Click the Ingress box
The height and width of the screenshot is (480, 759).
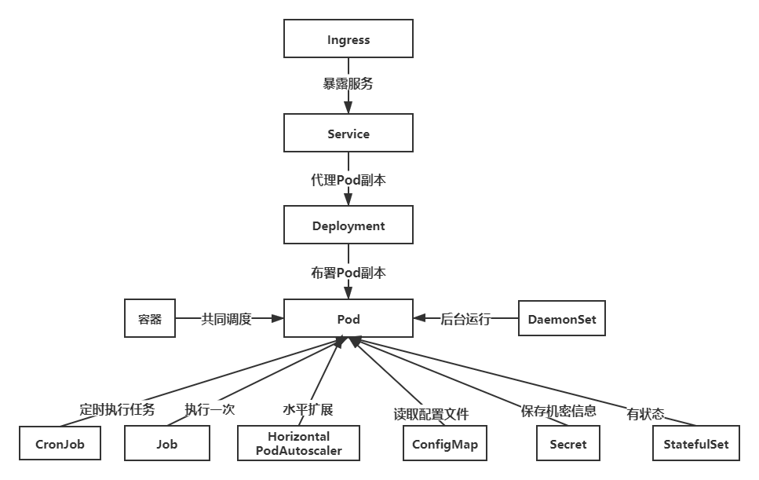click(348, 39)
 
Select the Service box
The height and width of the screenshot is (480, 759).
click(348, 134)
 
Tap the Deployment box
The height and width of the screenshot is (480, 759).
click(348, 225)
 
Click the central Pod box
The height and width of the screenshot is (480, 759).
click(348, 320)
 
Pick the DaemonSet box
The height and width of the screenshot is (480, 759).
click(561, 320)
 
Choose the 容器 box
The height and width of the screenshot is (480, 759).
click(150, 320)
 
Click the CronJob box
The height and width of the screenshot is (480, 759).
click(60, 444)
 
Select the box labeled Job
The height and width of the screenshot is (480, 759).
click(166, 444)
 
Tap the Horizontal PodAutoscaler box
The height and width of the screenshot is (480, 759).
click(298, 444)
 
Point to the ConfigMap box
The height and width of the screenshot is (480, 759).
click(445, 444)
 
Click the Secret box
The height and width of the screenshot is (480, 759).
click(568, 444)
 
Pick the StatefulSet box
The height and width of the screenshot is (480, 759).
click(695, 444)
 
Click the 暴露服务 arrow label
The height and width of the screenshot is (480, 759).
click(348, 83)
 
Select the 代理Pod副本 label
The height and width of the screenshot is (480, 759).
click(348, 179)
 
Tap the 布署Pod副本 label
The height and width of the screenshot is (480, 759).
click(348, 273)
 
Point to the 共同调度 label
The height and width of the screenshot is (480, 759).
click(226, 319)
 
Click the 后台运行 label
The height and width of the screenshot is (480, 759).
click(465, 319)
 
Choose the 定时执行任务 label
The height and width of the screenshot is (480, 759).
click(117, 409)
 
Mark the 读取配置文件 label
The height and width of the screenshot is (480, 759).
click(431, 413)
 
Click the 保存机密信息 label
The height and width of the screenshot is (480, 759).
click(559, 410)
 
